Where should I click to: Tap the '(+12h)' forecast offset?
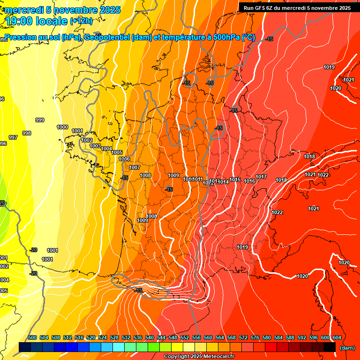81,21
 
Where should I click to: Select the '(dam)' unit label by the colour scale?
347,348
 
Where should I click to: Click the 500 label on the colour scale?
32,337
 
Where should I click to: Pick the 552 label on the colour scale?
185,337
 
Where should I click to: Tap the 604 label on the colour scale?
337,337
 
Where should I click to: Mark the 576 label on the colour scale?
255,337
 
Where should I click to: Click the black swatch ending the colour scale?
330,347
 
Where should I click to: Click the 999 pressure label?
40,120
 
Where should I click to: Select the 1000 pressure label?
62,127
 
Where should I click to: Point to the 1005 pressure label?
117,153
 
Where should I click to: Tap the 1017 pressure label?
261,177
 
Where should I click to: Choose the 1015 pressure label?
235,180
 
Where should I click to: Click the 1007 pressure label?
135,168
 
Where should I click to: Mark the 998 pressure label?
27,134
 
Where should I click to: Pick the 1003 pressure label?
95,146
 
